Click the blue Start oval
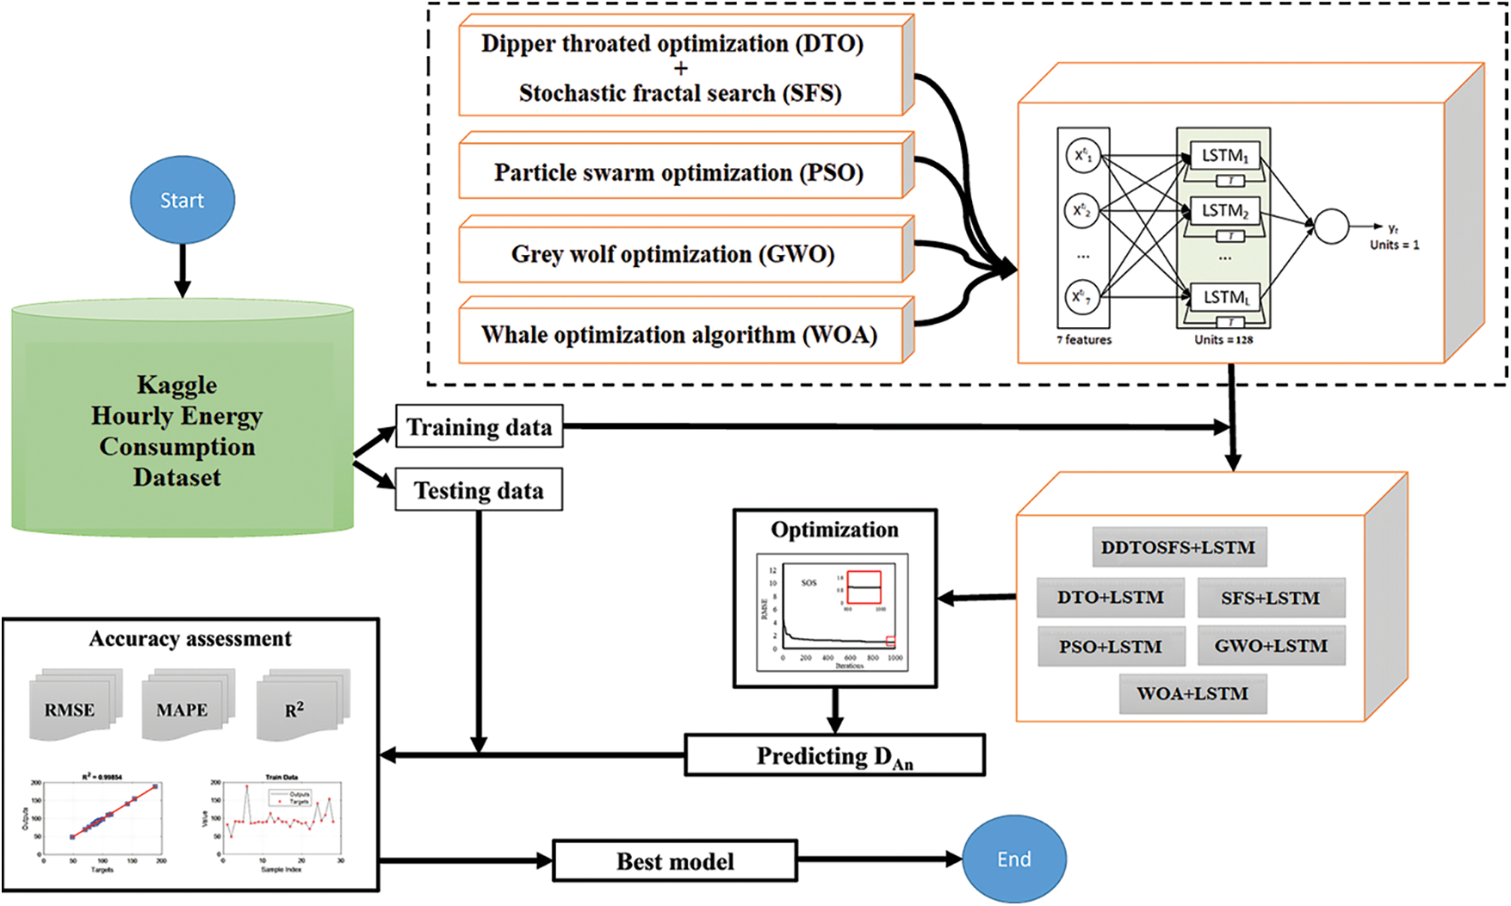point(183,201)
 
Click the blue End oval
point(1013,859)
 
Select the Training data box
point(479,426)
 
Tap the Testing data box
point(479,490)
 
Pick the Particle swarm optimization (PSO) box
point(680,171)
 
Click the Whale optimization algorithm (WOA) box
point(680,335)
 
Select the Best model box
point(675,861)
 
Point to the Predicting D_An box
point(834,756)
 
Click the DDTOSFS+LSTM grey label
point(1179,548)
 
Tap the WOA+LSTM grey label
point(1192,694)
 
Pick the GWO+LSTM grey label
point(1271,647)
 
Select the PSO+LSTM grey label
point(1111,647)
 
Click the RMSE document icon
point(71,708)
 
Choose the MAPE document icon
point(183,708)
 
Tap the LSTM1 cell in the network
point(1224,156)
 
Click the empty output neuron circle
point(1331,226)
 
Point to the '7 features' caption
point(1084,340)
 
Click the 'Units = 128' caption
point(1223,340)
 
